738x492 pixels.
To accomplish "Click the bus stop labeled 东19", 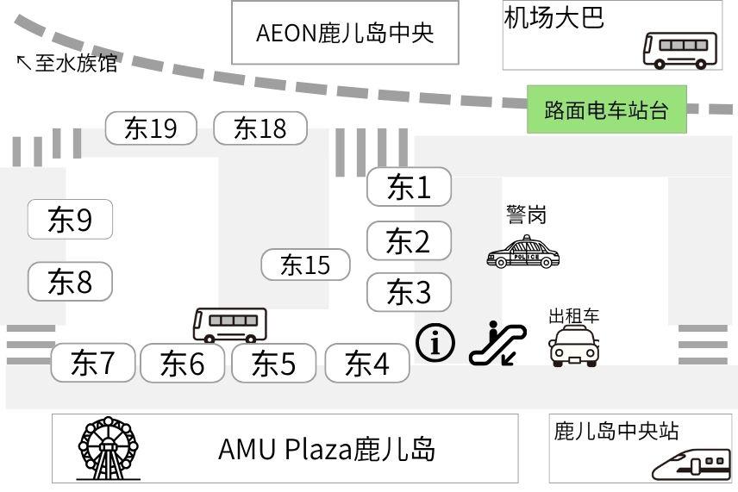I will [x=151, y=128].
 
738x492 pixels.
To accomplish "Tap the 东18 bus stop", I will [x=260, y=128].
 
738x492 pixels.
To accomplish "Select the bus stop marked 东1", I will [x=409, y=187].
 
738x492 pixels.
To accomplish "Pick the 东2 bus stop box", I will [x=409, y=240].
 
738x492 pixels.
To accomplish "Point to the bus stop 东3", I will [x=409, y=292].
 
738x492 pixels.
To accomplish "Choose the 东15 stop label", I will [x=305, y=265].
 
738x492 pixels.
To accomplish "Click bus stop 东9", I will [x=70, y=220].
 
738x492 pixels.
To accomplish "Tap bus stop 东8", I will [x=70, y=281].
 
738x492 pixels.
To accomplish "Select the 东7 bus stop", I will [x=93, y=363].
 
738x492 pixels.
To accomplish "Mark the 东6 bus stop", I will [x=183, y=363].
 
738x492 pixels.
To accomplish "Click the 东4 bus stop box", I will [x=367, y=363].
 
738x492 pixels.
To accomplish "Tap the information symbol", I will [x=435, y=343].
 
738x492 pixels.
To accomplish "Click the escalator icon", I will [x=497, y=343].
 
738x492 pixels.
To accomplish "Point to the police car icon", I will [x=522, y=252].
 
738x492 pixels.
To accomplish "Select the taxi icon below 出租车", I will [x=574, y=346].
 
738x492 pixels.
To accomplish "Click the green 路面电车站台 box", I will [x=607, y=109].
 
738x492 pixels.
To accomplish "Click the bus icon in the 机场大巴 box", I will [x=679, y=49].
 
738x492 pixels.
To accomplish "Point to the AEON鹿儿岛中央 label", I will [x=345, y=33].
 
